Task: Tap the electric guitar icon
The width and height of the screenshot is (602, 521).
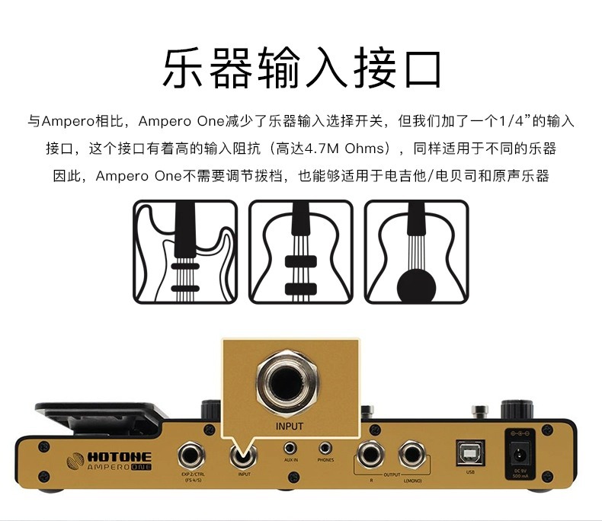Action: (184, 251)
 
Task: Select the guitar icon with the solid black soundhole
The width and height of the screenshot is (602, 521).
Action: (416, 251)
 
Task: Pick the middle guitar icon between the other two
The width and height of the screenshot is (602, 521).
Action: (301, 251)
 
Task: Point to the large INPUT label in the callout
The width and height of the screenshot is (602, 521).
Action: (290, 427)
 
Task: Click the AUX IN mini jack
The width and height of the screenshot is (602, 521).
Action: (290, 449)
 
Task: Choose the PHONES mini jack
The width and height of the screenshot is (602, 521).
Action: (325, 449)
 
